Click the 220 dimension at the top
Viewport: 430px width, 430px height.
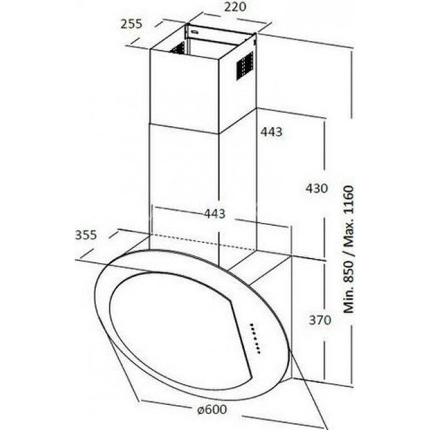(x=235, y=7)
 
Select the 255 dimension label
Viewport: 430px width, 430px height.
(x=131, y=24)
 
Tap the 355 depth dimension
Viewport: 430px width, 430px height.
(x=86, y=235)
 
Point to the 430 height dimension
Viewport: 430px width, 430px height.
(x=317, y=188)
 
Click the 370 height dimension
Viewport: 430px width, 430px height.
(x=320, y=320)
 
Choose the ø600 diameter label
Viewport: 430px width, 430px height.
(x=212, y=409)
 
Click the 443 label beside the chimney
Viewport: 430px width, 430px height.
(x=271, y=132)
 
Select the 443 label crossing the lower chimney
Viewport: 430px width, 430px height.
(x=214, y=214)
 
